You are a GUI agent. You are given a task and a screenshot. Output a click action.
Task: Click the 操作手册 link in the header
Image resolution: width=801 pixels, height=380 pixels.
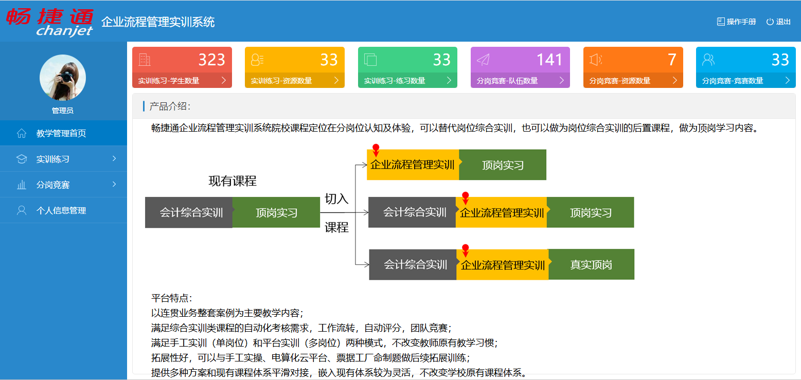tap(736, 22)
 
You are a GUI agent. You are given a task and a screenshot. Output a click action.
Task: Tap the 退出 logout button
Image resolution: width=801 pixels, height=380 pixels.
tap(778, 22)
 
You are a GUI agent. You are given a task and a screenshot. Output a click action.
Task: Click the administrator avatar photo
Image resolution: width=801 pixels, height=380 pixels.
tap(63, 78)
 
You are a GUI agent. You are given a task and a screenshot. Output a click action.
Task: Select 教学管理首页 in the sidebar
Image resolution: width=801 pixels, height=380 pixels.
tap(61, 133)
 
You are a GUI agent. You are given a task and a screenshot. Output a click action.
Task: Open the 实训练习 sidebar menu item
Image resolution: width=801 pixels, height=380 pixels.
tap(53, 159)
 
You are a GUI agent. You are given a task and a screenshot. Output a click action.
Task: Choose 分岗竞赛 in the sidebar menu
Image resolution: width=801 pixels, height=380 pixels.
tap(53, 185)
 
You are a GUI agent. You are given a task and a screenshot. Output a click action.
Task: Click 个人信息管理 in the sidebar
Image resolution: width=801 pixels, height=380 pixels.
tap(61, 210)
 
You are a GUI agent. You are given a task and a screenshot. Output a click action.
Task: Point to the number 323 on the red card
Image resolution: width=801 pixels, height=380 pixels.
tap(211, 60)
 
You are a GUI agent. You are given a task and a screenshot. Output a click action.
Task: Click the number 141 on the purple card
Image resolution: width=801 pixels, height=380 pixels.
tap(549, 60)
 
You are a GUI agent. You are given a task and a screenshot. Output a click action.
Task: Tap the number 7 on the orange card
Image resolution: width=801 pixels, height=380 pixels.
tap(672, 60)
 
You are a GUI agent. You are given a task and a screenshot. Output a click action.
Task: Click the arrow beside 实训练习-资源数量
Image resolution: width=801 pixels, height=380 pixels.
tap(336, 80)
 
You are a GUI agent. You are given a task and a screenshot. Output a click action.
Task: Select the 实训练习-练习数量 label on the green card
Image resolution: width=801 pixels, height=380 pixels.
tap(395, 81)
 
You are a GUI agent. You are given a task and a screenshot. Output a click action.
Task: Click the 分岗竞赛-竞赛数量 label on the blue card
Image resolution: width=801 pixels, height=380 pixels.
tap(733, 81)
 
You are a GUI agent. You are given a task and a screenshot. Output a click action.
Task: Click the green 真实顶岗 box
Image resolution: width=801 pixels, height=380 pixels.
tap(592, 264)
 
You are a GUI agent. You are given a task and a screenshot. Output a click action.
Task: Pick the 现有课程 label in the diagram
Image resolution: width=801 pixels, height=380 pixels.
tap(233, 181)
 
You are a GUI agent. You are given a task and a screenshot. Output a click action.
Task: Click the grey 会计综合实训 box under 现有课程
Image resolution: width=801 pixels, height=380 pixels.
tap(189, 212)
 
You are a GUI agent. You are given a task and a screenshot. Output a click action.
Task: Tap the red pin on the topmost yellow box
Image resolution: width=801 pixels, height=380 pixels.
tap(376, 150)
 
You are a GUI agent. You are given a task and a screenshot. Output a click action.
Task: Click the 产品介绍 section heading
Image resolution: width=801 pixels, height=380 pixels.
tap(170, 106)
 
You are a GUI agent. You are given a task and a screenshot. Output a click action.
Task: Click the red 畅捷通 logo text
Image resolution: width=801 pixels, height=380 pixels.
tap(50, 16)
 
